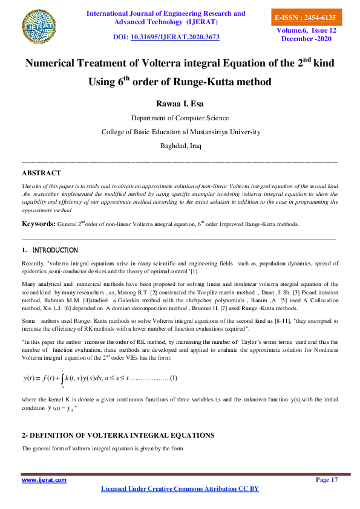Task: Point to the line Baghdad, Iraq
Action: tap(180, 146)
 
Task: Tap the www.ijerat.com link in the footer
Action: tap(44, 479)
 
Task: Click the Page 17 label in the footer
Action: tap(327, 479)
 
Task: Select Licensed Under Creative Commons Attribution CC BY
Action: tap(180, 488)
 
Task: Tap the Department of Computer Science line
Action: tap(180, 118)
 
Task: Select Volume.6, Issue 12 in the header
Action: tap(307, 30)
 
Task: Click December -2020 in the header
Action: tap(307, 39)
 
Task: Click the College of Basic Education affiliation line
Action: tap(180, 132)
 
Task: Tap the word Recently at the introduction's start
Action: tap(33, 264)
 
